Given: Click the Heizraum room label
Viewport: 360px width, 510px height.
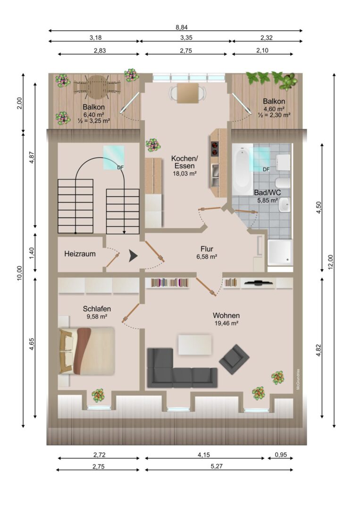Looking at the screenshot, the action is pyautogui.click(x=80, y=254).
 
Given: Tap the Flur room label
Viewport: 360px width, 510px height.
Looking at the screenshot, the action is pyautogui.click(x=207, y=249).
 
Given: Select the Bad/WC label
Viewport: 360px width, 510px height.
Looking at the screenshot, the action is pyautogui.click(x=268, y=193).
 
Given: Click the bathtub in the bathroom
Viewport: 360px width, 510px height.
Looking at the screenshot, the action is pyautogui.click(x=243, y=170).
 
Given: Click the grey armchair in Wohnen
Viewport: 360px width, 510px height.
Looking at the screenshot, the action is pyautogui.click(x=234, y=360).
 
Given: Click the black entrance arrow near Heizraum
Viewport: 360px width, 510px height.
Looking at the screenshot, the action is pyautogui.click(x=133, y=255).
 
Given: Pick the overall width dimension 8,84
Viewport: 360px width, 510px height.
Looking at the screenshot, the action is pyautogui.click(x=182, y=28).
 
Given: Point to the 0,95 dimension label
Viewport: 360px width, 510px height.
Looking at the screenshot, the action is pyautogui.click(x=281, y=455).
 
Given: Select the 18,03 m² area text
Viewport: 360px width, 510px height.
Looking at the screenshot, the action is pyautogui.click(x=184, y=173).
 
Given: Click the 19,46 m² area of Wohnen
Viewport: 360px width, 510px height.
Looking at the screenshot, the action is pyautogui.click(x=226, y=323).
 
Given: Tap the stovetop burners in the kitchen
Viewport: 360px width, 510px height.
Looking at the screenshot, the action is pyautogui.click(x=214, y=149).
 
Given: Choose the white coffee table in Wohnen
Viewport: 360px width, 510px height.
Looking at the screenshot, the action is pyautogui.click(x=195, y=345).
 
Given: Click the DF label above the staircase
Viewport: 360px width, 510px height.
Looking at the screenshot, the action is pyautogui.click(x=120, y=168).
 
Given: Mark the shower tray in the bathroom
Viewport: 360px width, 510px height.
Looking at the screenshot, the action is pyautogui.click(x=280, y=252).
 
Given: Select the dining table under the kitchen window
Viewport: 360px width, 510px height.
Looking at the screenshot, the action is pyautogui.click(x=187, y=93).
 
